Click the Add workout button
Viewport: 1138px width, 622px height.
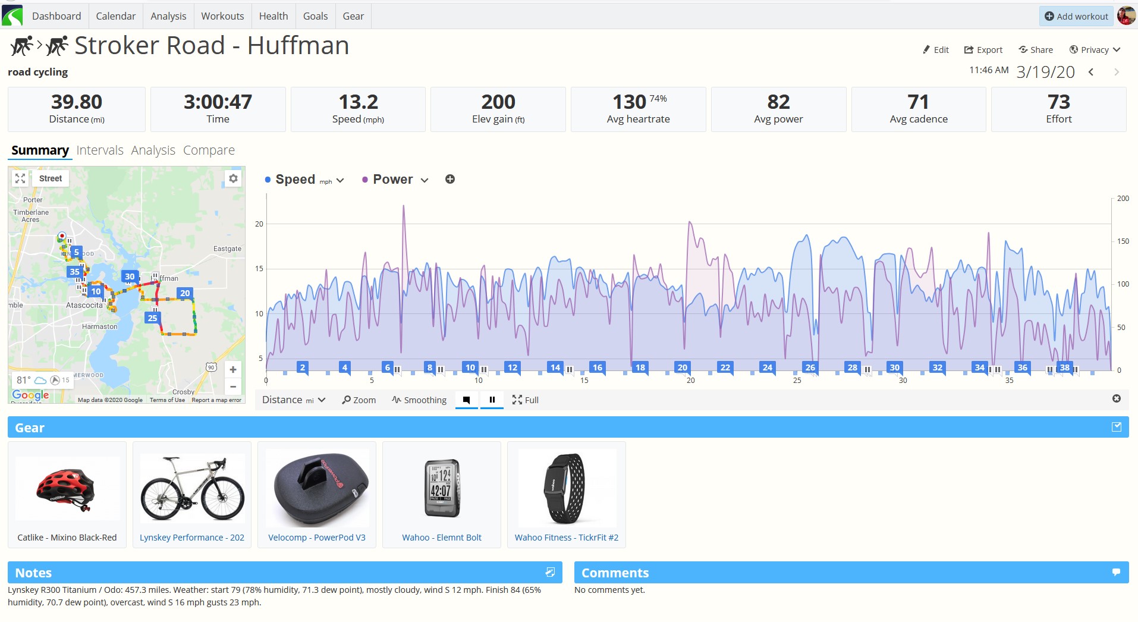(x=1076, y=16)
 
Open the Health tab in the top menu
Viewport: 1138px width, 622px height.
(x=274, y=16)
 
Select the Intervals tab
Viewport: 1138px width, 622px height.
(x=100, y=150)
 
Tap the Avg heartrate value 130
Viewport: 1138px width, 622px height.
(x=629, y=102)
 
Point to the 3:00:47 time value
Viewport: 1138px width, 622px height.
(x=218, y=102)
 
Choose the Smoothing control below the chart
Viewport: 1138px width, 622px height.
(x=419, y=400)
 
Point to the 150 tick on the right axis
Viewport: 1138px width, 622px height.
(x=1123, y=241)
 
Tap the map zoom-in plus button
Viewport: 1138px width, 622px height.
(x=233, y=369)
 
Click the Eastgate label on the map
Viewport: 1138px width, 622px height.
(x=227, y=249)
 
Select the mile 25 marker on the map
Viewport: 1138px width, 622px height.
(x=152, y=318)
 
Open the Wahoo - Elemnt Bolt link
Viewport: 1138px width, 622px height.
(x=442, y=538)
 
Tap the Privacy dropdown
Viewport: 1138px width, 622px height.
(x=1095, y=50)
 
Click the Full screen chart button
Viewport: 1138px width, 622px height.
(x=526, y=400)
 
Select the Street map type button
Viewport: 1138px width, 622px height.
(x=51, y=178)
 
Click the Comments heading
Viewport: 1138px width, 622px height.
(x=615, y=573)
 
